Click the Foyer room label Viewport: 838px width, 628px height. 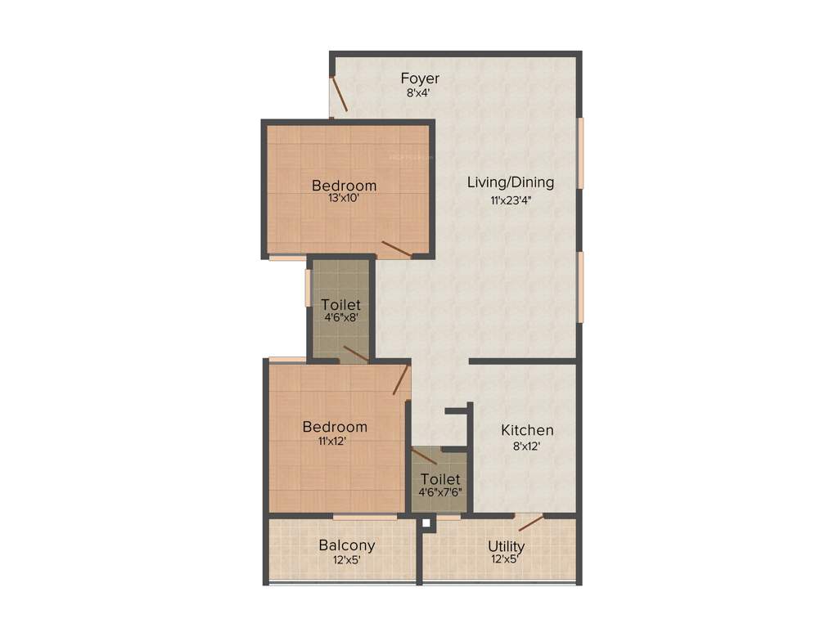420,78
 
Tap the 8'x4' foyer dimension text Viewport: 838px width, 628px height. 418,93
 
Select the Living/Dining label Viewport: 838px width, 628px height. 510,182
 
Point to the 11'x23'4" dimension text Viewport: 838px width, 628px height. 510,199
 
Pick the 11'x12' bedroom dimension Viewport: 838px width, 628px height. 334,442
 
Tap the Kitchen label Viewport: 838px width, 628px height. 527,430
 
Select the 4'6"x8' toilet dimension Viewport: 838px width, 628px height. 341,320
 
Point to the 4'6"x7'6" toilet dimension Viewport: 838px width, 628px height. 439,493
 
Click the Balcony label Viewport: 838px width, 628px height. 347,545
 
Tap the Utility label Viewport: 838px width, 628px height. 507,546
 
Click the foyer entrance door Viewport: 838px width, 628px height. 340,95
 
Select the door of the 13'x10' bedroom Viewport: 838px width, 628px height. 396,248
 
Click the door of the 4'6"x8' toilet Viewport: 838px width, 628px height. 354,353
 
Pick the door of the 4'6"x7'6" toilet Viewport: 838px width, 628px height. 424,456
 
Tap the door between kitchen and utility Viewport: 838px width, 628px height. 530,522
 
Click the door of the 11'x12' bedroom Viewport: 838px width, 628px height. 401,380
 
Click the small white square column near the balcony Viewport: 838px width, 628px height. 426,521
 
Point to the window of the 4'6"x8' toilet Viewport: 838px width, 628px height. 309,287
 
